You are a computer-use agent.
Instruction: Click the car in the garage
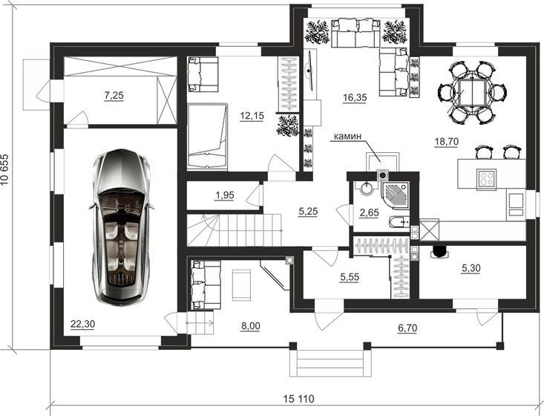click(x=122, y=227)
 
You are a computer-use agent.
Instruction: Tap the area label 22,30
click(x=82, y=324)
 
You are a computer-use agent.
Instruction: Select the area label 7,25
click(x=114, y=95)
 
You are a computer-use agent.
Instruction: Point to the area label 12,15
click(x=252, y=116)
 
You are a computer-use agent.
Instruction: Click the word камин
click(x=347, y=136)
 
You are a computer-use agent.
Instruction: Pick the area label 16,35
click(x=355, y=97)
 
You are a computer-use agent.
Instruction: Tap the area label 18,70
click(x=447, y=141)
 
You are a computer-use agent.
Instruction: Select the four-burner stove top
click(x=485, y=178)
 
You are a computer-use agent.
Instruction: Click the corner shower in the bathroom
click(x=395, y=194)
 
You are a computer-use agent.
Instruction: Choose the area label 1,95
click(x=224, y=195)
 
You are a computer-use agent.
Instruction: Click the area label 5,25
click(x=308, y=211)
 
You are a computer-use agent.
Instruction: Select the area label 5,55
click(x=350, y=277)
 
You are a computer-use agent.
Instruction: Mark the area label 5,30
click(x=471, y=267)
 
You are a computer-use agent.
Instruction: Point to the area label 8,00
click(x=250, y=326)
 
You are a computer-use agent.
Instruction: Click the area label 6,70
click(x=407, y=328)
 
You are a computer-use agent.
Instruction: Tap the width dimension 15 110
click(x=298, y=399)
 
